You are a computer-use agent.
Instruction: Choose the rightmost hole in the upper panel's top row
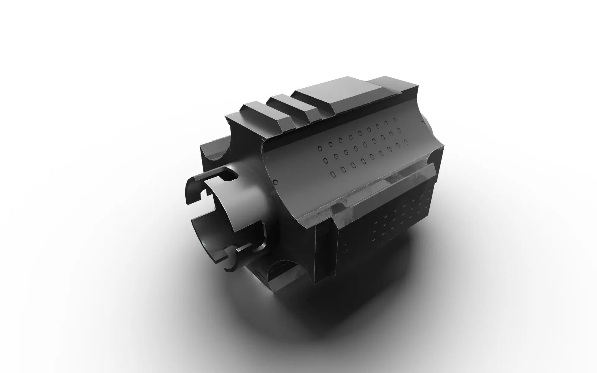(x=394, y=119)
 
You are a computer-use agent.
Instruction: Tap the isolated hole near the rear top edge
(x=394, y=119)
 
